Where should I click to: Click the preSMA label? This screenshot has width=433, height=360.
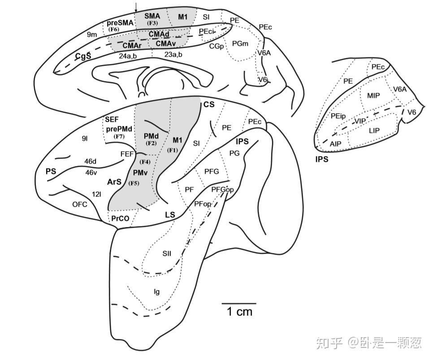tap(120, 22)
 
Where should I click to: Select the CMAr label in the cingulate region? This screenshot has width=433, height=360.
tap(132, 45)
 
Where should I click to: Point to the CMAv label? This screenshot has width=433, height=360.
tap(166, 43)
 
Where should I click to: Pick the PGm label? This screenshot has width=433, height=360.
tap(240, 43)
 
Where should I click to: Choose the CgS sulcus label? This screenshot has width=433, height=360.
tap(83, 56)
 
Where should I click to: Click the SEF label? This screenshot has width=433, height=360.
tap(112, 120)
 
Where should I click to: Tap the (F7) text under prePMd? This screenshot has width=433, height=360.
tap(118, 136)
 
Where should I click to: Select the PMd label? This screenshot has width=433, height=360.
tap(151, 135)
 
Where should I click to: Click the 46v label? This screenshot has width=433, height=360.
tap(91, 172)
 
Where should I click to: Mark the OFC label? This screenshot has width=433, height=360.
tap(80, 204)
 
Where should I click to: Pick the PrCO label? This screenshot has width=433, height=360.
tap(120, 219)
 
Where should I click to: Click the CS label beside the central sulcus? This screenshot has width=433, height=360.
tap(209, 104)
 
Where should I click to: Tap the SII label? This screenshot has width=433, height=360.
tap(167, 253)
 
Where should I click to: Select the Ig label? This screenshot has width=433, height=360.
tap(156, 292)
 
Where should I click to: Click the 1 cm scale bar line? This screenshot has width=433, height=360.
tap(239, 303)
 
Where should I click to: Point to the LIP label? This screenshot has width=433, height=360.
tap(374, 130)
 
